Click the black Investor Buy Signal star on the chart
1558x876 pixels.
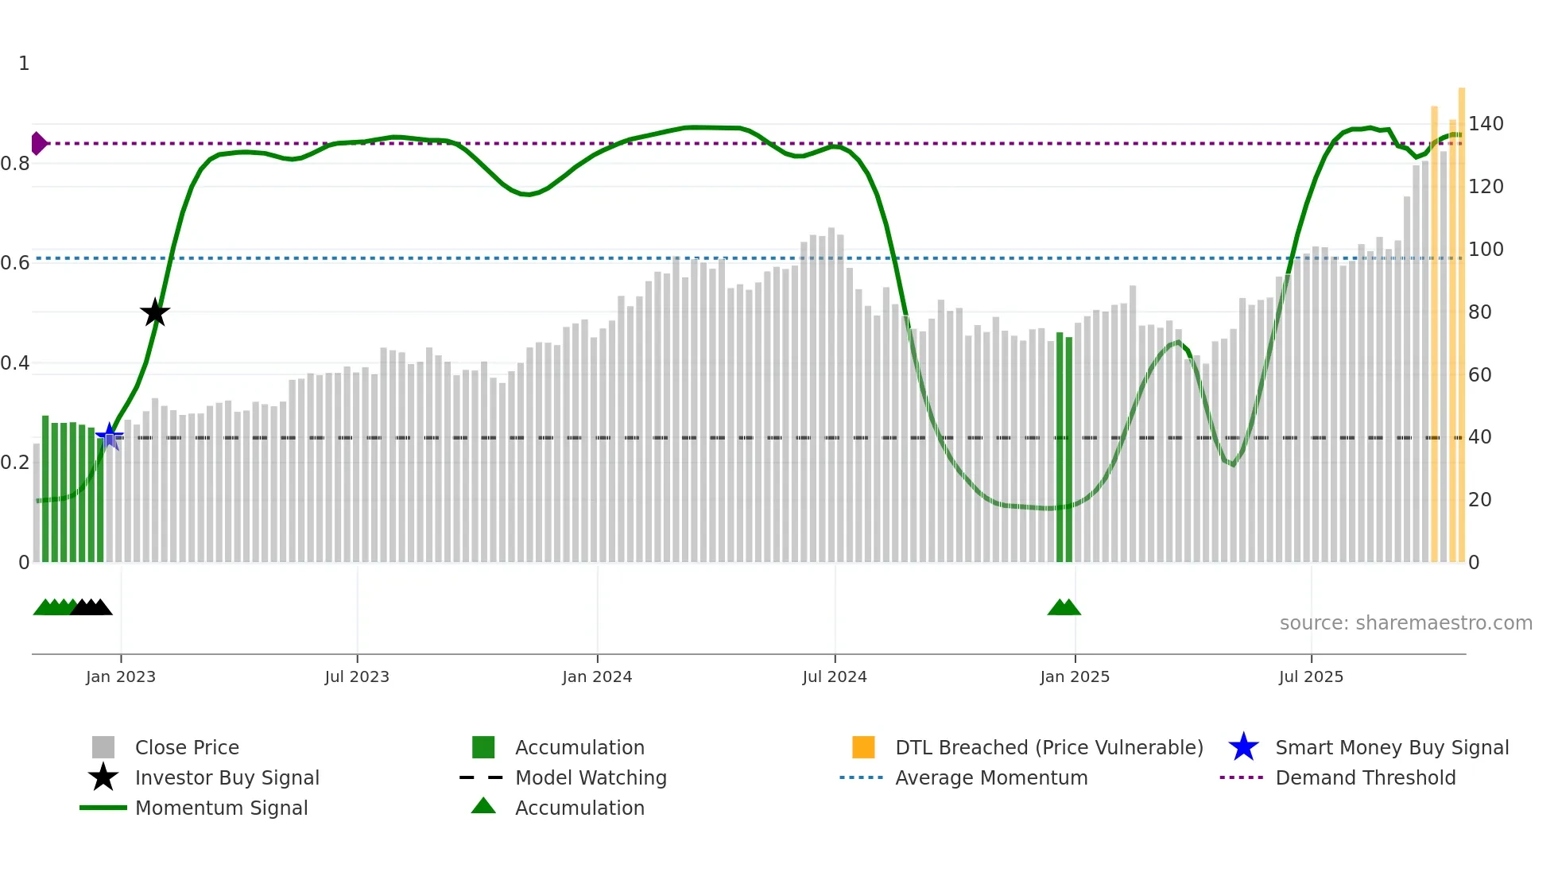pyautogui.click(x=155, y=312)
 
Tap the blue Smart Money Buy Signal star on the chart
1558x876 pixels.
pyautogui.click(x=110, y=436)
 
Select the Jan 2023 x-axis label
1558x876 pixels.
pyautogui.click(x=121, y=676)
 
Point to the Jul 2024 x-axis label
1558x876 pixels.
pyautogui.click(x=835, y=676)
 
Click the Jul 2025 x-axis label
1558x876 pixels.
pyautogui.click(x=1311, y=676)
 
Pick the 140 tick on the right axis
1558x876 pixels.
pyautogui.click(x=1486, y=124)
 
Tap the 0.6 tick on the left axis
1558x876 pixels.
pyautogui.click(x=15, y=263)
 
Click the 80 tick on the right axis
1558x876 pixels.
pyautogui.click(x=1480, y=312)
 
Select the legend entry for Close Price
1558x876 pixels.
pyautogui.click(x=187, y=747)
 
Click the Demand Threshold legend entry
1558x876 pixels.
pyautogui.click(x=1365, y=777)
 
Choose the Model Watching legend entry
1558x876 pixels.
pyautogui.click(x=591, y=777)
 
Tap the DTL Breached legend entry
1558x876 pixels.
pyautogui.click(x=1048, y=747)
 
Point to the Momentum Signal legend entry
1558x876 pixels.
pyautogui.click(x=221, y=808)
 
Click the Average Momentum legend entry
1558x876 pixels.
pyautogui.click(x=991, y=777)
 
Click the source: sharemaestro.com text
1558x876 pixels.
pyautogui.click(x=1405, y=623)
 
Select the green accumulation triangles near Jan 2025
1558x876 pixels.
pyautogui.click(x=1064, y=607)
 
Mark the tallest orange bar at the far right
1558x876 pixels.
pyautogui.click(x=1462, y=318)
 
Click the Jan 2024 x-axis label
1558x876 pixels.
pyautogui.click(x=597, y=676)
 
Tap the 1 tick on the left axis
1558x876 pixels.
pyautogui.click(x=24, y=64)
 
